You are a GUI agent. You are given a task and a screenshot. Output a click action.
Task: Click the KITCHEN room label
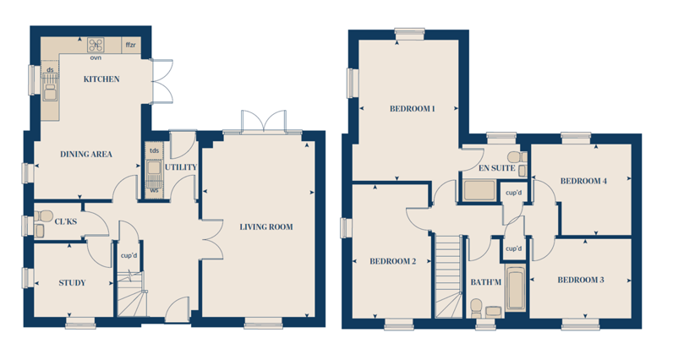pyautogui.click(x=101, y=79)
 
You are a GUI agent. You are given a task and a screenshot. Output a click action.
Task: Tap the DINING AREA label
pyautogui.click(x=86, y=155)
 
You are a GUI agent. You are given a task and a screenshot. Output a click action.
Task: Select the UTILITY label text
pyautogui.click(x=181, y=167)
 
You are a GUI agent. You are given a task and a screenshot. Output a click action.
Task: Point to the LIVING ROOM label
pyautogui.click(x=266, y=227)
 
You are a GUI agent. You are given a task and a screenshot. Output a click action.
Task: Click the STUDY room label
pyautogui.click(x=72, y=283)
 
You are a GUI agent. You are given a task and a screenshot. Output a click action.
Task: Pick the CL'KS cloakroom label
pyautogui.click(x=66, y=221)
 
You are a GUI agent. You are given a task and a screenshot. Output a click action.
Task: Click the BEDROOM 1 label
pyautogui.click(x=412, y=109)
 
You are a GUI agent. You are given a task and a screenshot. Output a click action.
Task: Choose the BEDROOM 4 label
pyautogui.click(x=583, y=181)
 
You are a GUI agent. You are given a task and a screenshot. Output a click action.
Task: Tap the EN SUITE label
pyautogui.click(x=496, y=168)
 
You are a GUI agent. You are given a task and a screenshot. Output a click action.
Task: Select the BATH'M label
pyautogui.click(x=486, y=282)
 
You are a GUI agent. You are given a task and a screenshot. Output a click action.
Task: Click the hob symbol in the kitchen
pyautogui.click(x=96, y=45)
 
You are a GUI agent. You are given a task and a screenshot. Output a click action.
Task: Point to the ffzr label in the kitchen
pyautogui.click(x=130, y=45)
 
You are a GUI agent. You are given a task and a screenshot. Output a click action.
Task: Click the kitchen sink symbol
pyautogui.click(x=50, y=87)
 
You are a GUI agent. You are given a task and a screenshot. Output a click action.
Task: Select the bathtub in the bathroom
pyautogui.click(x=515, y=289)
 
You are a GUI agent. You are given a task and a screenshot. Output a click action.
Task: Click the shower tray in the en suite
pyautogui.click(x=479, y=191)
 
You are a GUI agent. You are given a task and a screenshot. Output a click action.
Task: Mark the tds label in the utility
pyautogui.click(x=154, y=150)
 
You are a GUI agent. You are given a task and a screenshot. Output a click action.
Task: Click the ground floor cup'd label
pyautogui.click(x=129, y=256)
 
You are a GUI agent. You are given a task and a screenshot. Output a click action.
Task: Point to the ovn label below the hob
pyautogui.click(x=96, y=57)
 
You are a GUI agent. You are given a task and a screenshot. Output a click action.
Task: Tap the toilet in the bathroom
pyautogui.click(x=476, y=308)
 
